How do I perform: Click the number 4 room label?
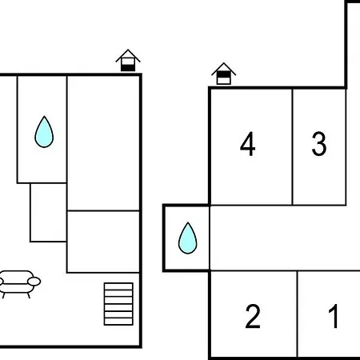coord(248,144)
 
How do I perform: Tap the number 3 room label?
coord(319,144)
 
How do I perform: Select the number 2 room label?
coord(253,316)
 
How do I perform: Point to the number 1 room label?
coord(334,316)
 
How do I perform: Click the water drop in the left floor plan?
coord(44,132)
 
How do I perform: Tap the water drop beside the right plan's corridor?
coord(188,238)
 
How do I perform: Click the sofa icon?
coord(18,284)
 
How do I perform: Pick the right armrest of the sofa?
coord(34,282)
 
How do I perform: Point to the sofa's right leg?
coord(29,295)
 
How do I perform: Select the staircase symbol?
coord(118,304)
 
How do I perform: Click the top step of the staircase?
coord(118,286)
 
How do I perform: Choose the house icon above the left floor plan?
coord(128,61)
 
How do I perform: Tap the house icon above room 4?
coord(223,74)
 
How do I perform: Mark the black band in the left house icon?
coord(128,68)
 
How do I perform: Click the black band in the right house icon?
coord(223,74)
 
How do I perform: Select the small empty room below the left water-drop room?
coord(48,213)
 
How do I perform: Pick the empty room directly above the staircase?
coord(103,242)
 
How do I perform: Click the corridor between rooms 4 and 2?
coord(285,238)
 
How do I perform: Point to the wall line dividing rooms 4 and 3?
coord(293,147)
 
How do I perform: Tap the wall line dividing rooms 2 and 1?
coord(297,314)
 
